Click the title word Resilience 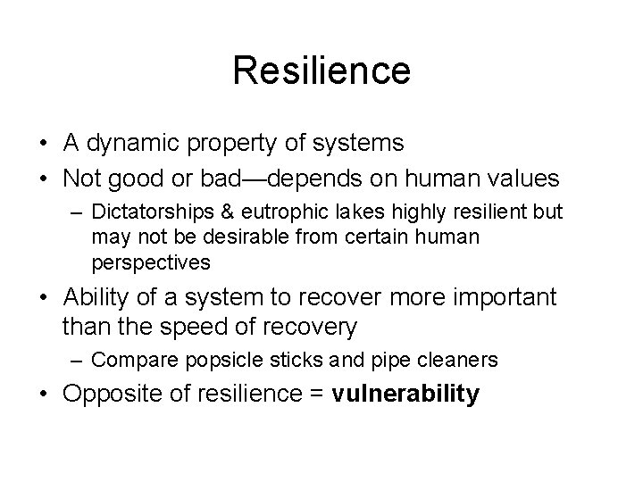pos(321,71)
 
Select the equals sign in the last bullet pos(316,394)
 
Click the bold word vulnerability pos(405,394)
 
